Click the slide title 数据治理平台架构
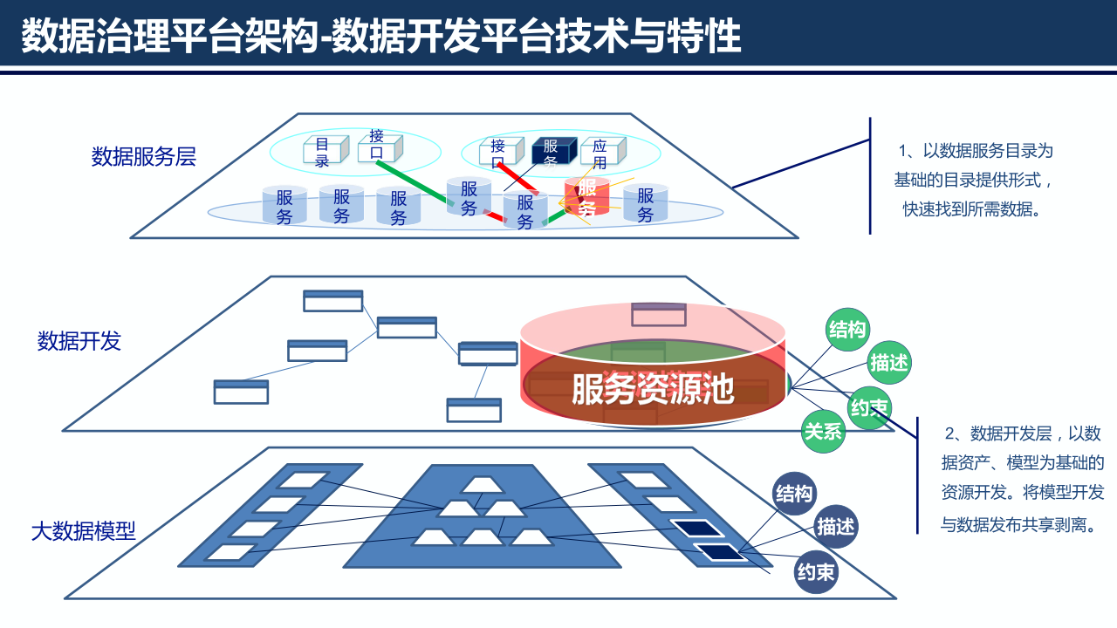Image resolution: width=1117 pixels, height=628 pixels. (x=382, y=37)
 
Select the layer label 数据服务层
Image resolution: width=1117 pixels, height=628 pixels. (x=144, y=157)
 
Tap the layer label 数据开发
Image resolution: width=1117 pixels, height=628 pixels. (x=79, y=341)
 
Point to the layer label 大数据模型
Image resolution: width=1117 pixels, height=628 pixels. (x=84, y=530)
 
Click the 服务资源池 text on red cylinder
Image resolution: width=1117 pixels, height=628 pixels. (x=653, y=390)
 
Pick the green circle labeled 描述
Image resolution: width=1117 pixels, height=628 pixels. (x=889, y=363)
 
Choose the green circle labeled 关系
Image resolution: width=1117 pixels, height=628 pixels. (x=824, y=431)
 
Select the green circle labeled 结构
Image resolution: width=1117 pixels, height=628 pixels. (x=847, y=330)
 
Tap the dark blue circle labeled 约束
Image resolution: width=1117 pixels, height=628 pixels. (x=816, y=572)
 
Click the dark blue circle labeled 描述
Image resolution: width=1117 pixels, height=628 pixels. (x=835, y=527)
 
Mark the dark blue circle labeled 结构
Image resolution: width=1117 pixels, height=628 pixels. (x=794, y=494)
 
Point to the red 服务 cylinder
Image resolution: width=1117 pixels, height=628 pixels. (x=587, y=197)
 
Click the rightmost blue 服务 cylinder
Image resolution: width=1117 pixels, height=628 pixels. (x=645, y=204)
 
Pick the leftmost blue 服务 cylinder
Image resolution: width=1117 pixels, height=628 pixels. (x=284, y=206)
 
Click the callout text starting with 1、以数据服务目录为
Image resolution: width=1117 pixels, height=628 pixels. (x=975, y=151)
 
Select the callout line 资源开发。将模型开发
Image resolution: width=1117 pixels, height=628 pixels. (x=1022, y=492)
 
